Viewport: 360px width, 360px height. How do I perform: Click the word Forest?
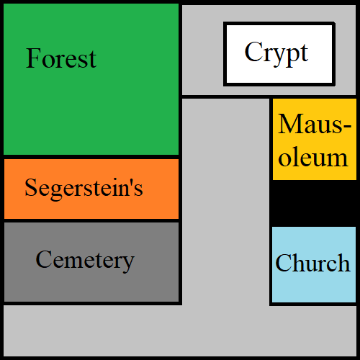tap(61, 58)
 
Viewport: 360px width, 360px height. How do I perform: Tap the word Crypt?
tap(276, 53)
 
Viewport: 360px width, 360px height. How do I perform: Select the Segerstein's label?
tap(84, 189)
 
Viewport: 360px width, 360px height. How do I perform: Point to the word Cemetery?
tap(85, 261)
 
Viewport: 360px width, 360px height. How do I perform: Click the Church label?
tap(312, 263)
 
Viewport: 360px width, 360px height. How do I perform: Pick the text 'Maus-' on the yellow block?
tap(315, 124)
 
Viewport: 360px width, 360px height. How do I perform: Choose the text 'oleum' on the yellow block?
tap(313, 157)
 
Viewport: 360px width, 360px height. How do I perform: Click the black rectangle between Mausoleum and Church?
tap(315, 203)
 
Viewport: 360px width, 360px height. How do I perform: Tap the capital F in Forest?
tap(33, 58)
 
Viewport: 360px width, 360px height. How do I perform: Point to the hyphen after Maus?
tap(347, 126)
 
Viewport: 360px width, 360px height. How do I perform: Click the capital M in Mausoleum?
tap(290, 124)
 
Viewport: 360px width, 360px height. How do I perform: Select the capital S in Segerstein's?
tap(31, 187)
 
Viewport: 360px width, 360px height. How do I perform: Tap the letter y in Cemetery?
tap(127, 264)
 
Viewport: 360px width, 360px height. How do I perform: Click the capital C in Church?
tap(284, 263)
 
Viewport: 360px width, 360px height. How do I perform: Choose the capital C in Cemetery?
tap(44, 259)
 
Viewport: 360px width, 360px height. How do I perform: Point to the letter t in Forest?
tap(92, 60)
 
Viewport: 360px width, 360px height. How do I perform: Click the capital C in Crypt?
tap(253, 51)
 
